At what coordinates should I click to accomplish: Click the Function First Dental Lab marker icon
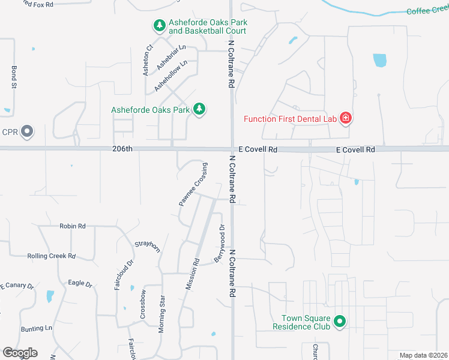[x=346, y=118]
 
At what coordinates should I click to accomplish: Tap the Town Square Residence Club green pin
[x=339, y=322]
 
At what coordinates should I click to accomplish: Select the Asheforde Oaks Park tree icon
[x=200, y=109]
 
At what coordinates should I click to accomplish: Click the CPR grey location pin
[x=26, y=131]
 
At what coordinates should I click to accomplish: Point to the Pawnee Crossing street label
[x=193, y=184]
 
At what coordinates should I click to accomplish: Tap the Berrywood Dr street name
[x=219, y=243]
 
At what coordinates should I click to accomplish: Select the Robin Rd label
[x=73, y=226]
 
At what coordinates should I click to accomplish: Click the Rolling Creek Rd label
[x=51, y=256]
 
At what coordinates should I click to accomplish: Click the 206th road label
[x=121, y=149]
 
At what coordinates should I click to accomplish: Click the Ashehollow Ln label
[x=171, y=75]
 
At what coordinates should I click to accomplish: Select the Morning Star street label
[x=161, y=314]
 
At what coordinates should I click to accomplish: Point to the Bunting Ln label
[x=37, y=329]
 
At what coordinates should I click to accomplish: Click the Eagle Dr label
[x=80, y=283]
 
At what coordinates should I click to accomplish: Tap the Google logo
[x=19, y=353]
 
